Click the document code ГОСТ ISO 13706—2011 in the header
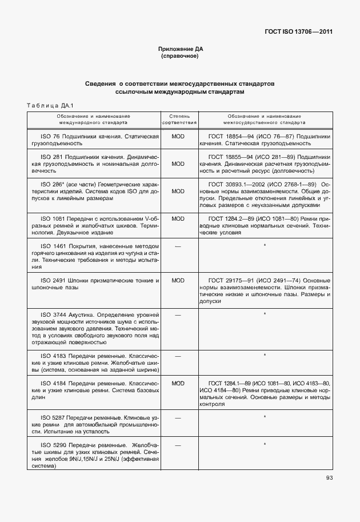point(298,32)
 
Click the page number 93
point(329,478)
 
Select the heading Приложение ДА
point(180,50)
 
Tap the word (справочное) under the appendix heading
point(180,57)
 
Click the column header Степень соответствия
point(179,119)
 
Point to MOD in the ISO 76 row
point(178,137)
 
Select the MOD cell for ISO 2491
point(178,280)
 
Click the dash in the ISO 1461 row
point(178,245)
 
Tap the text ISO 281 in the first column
point(49,156)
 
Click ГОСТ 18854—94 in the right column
point(230,137)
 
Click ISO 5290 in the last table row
point(51,444)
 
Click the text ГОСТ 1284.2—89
point(233,218)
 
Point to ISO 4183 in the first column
point(51,355)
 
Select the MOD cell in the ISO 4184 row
point(178,382)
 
